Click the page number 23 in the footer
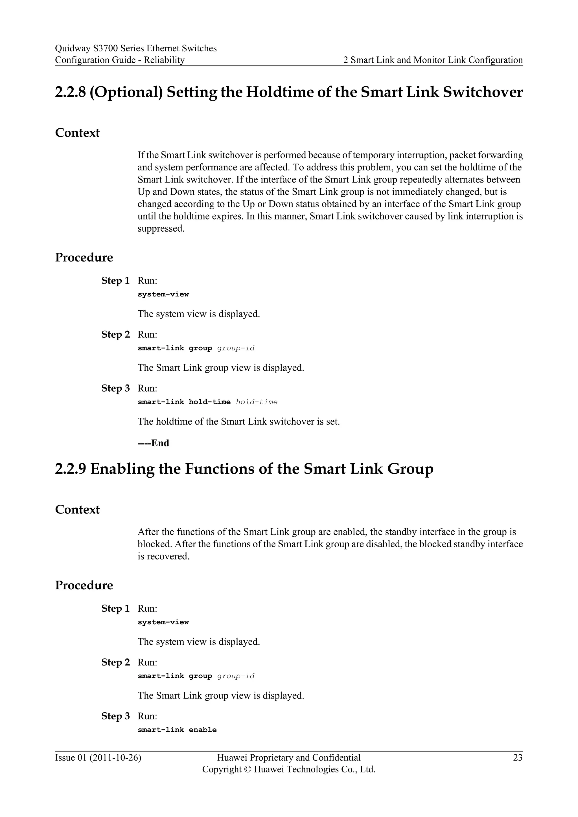[x=518, y=757]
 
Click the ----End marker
[x=154, y=443]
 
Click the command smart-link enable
[x=177, y=730]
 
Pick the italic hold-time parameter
[x=257, y=402]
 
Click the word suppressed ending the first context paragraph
[x=161, y=229]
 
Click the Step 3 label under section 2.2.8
[x=115, y=388]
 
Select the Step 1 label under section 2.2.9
[x=115, y=609]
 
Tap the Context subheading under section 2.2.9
[x=77, y=509]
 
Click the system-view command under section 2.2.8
[x=163, y=294]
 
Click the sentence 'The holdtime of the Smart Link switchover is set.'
[x=238, y=422]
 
